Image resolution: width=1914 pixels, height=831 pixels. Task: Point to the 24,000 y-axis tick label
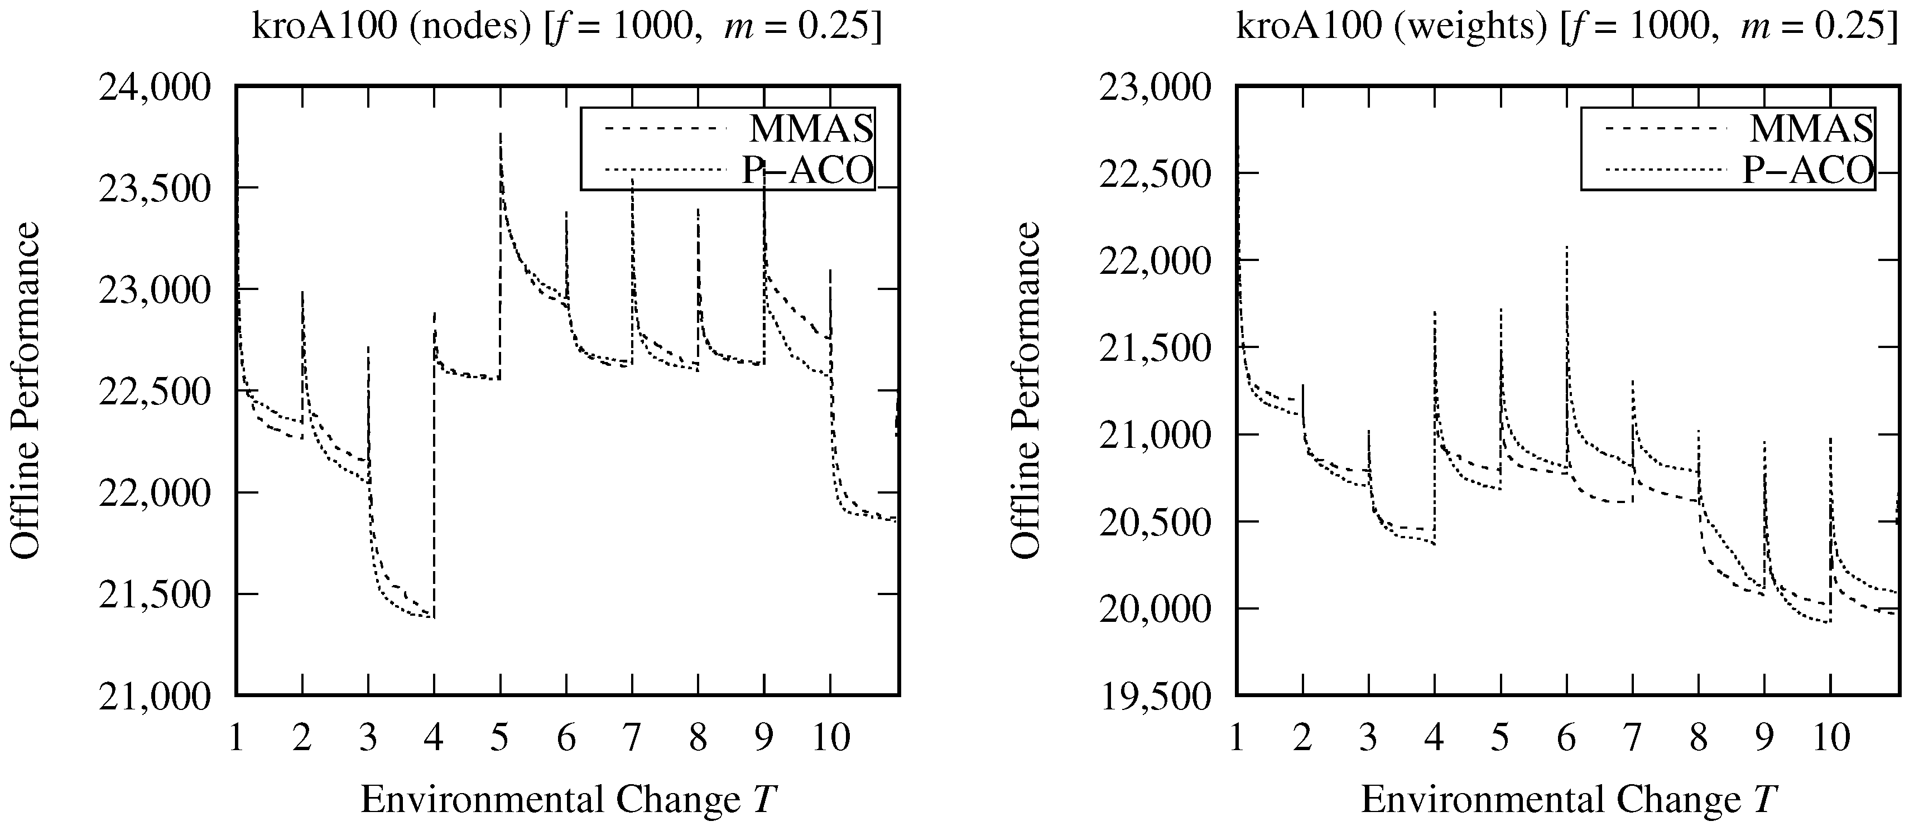click(155, 88)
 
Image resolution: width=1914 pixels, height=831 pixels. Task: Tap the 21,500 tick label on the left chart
click(155, 595)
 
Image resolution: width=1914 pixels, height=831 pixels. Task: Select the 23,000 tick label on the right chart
click(1156, 88)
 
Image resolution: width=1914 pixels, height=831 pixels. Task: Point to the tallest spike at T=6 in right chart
click(1567, 247)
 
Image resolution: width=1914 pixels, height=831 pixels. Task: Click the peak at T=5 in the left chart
click(501, 134)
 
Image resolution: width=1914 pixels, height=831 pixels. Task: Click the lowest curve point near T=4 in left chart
click(432, 617)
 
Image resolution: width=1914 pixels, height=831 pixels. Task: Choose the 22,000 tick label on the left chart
click(155, 493)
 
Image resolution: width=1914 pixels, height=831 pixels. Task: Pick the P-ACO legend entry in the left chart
click(809, 171)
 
